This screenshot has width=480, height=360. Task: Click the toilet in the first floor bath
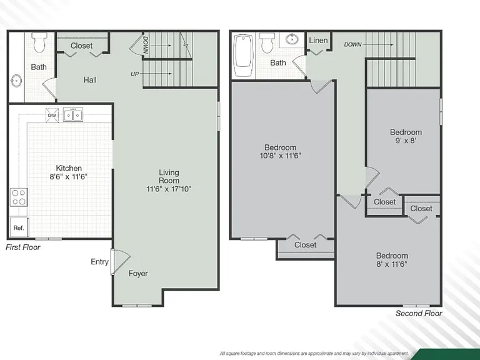tap(40, 42)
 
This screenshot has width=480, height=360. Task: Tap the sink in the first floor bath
tap(16, 81)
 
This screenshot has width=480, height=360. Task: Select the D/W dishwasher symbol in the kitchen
tap(52, 115)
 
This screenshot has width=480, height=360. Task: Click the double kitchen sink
tap(73, 115)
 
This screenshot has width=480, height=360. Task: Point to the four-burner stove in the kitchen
tap(19, 197)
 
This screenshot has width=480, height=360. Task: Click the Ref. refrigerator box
tap(19, 227)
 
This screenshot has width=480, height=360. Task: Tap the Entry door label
tap(100, 262)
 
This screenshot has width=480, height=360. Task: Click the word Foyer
tap(138, 273)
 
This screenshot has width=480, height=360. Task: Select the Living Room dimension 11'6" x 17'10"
tap(169, 189)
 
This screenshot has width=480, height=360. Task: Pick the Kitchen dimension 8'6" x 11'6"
tap(69, 177)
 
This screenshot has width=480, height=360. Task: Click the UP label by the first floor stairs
tap(135, 74)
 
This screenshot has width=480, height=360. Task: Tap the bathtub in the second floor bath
tap(244, 56)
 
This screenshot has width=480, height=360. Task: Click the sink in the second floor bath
tap(292, 39)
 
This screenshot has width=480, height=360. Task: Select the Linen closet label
tap(318, 41)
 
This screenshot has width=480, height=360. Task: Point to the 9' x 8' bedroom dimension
tap(406, 141)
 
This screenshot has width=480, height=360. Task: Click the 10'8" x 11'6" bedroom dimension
tap(281, 156)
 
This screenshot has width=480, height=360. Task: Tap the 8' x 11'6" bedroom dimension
tap(392, 264)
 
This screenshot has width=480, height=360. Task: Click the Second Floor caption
tap(419, 314)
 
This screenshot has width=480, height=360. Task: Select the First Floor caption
tap(23, 247)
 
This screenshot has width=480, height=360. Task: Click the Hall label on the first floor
tap(90, 80)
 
